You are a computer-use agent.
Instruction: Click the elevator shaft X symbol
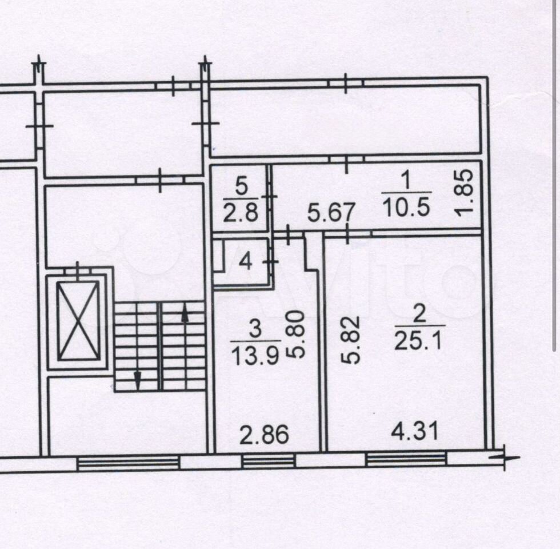click(x=78, y=321)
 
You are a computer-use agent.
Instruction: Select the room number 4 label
click(x=245, y=262)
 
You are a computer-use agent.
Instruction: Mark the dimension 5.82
click(x=350, y=340)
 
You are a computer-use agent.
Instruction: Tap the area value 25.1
click(x=418, y=341)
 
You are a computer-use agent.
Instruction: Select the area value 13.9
click(x=255, y=356)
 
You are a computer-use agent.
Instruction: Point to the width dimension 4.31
click(x=415, y=431)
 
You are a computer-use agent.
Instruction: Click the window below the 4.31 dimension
click(x=406, y=459)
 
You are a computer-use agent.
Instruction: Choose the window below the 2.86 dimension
click(x=269, y=461)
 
